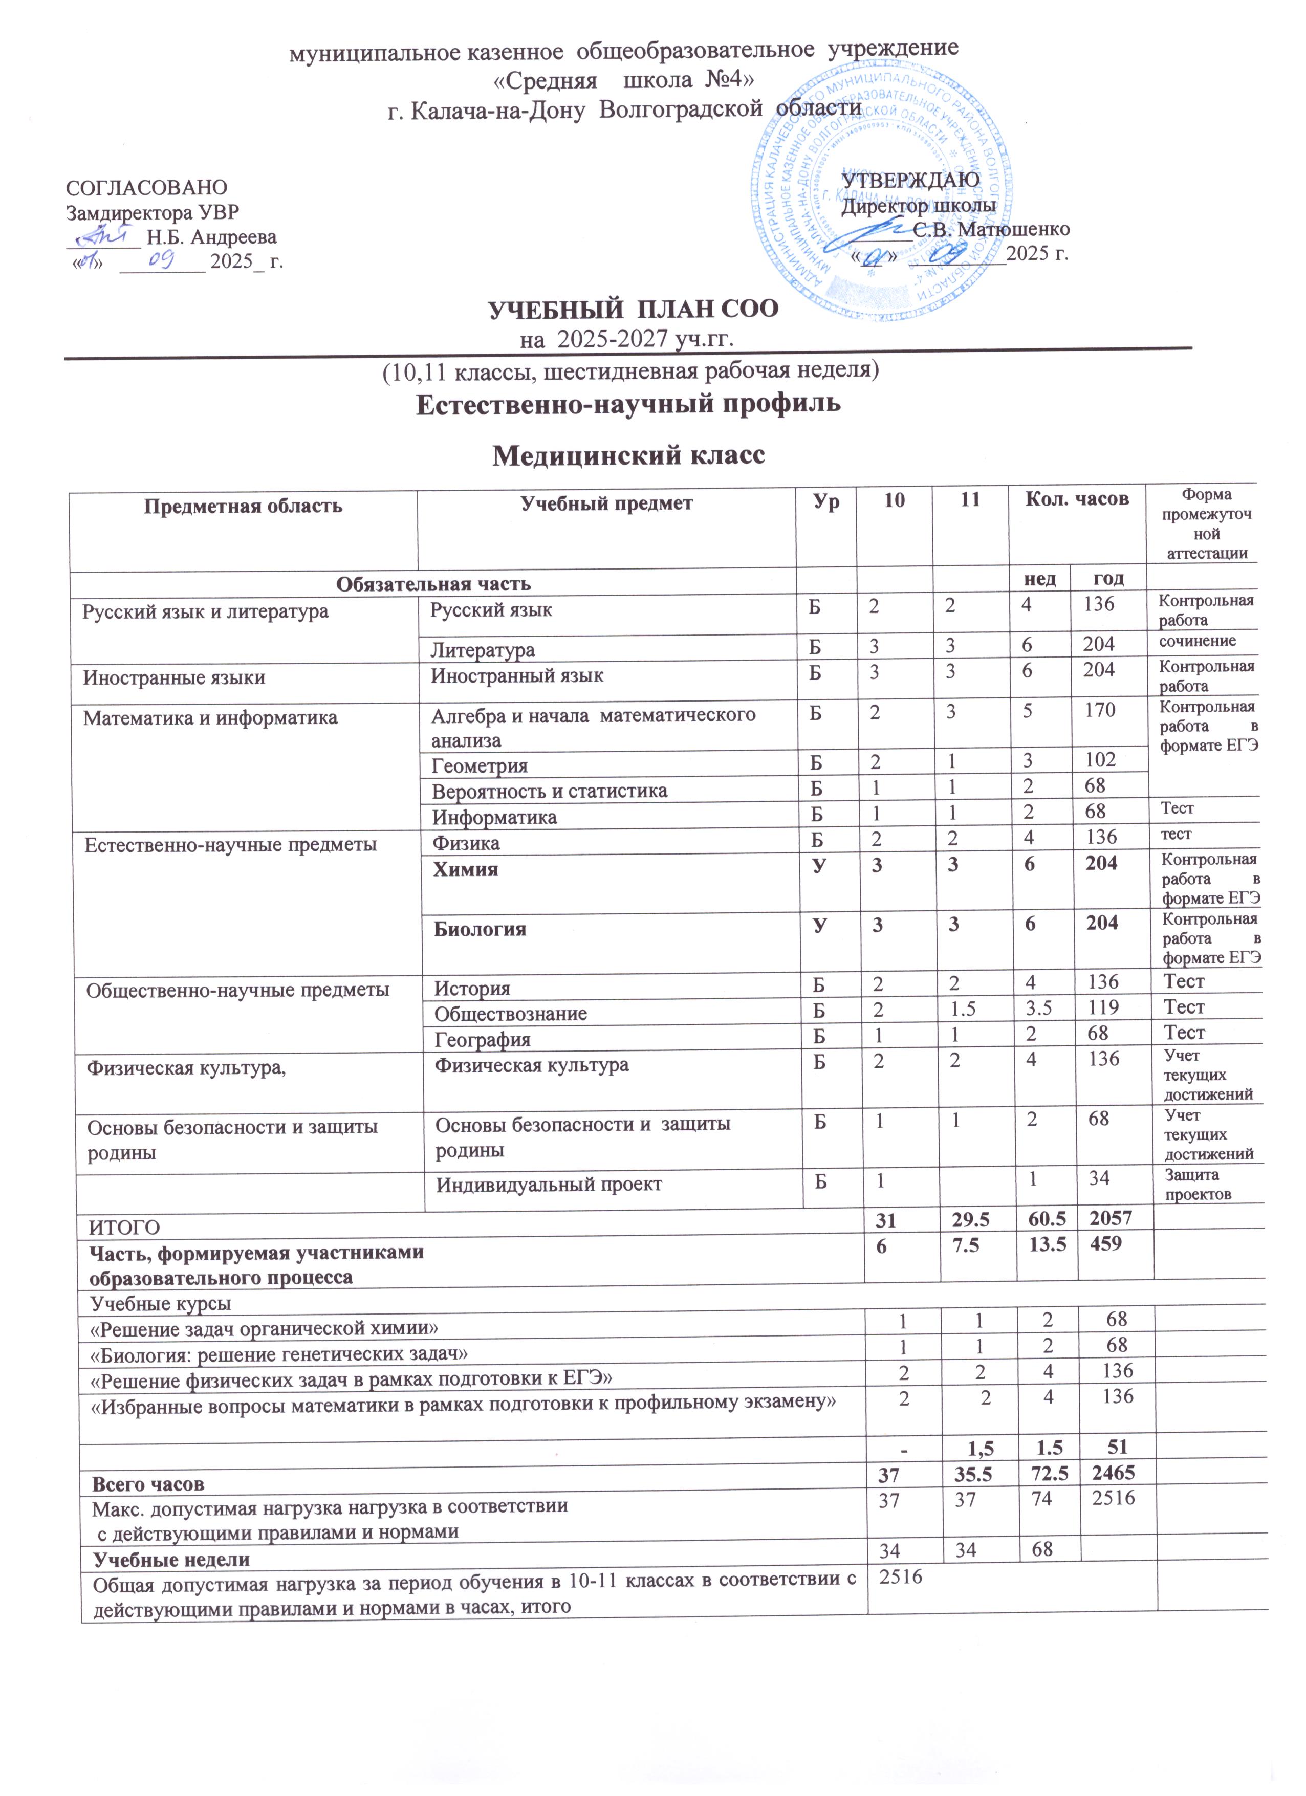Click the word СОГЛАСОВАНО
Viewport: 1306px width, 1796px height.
point(146,188)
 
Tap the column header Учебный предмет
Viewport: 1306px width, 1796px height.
point(606,503)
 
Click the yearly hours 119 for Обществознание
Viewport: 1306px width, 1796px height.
point(1102,1007)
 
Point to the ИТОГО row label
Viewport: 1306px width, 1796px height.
point(124,1228)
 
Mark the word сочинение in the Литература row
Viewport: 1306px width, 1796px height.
point(1196,641)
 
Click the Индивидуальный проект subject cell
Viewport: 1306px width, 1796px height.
point(549,1185)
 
